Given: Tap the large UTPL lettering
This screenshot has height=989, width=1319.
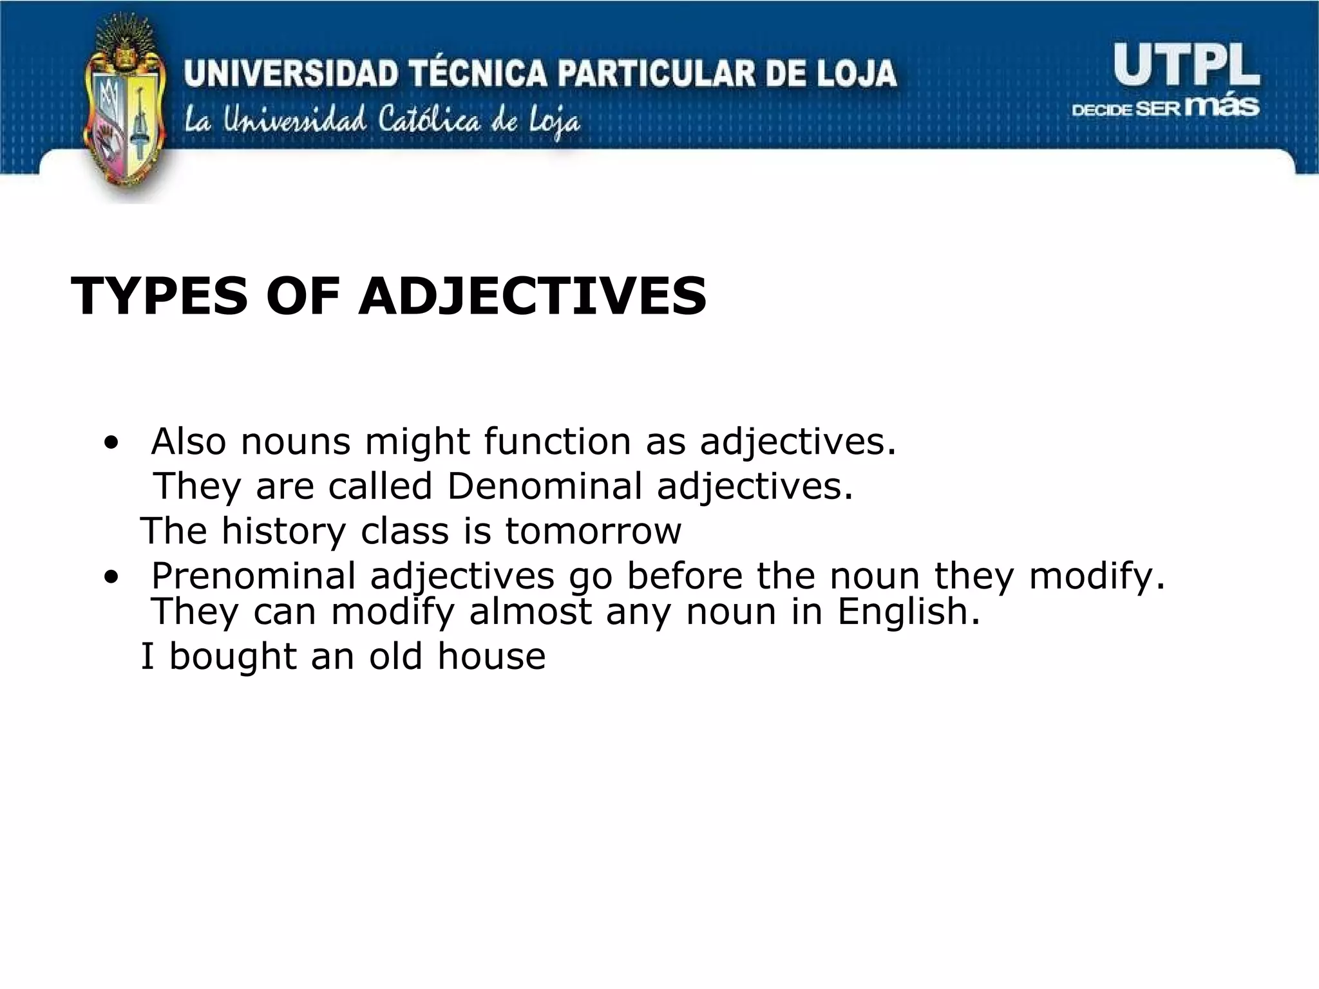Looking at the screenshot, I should point(1186,65).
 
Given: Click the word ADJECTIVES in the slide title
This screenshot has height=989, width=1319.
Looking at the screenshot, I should point(532,297).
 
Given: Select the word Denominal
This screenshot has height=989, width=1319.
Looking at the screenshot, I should point(544,486).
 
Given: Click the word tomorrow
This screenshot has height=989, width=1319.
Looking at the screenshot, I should point(593,532).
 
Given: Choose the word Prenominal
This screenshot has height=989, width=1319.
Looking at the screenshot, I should point(253,575).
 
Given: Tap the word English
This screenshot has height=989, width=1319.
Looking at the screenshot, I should point(908,612).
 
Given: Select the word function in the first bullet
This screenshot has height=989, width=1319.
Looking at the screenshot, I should point(557,442).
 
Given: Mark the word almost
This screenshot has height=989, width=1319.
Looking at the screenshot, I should point(529,612).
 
